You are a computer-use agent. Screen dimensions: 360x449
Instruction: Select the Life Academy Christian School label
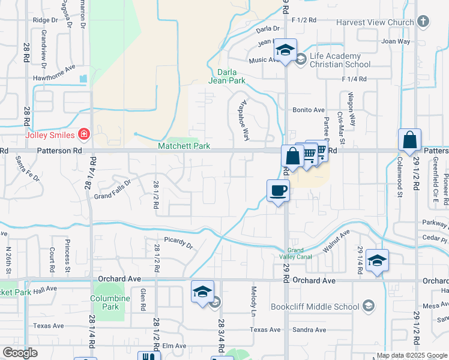[x=340, y=61]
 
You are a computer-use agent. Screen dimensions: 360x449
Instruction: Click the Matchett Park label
[x=184, y=146]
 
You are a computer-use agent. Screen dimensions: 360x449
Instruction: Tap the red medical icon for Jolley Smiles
[x=85, y=134]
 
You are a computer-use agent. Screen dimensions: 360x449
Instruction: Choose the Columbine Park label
[x=110, y=302]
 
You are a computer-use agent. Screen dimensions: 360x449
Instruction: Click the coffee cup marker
[x=278, y=191]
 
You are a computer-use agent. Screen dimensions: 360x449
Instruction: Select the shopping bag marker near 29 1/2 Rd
[x=409, y=140]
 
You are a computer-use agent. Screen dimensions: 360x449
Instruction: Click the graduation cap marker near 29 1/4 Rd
[x=377, y=260]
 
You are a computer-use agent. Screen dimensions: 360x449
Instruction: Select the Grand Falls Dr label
[x=112, y=190]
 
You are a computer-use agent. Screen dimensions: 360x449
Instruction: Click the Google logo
[x=20, y=353]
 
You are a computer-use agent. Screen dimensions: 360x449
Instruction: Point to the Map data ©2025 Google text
[x=411, y=355]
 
